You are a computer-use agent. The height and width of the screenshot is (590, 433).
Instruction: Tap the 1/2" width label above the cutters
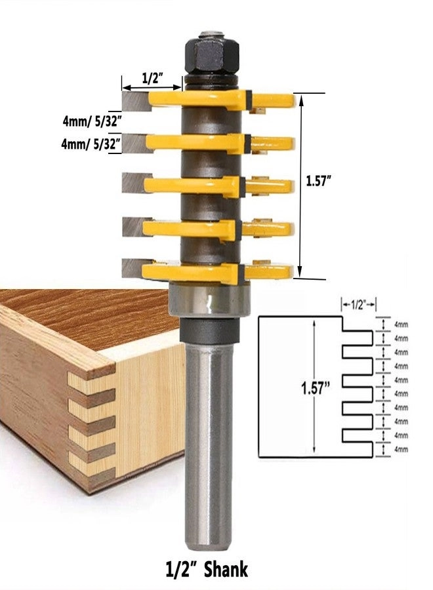pyautogui.click(x=152, y=78)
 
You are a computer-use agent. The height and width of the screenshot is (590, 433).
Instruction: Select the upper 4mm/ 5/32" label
pyautogui.click(x=92, y=121)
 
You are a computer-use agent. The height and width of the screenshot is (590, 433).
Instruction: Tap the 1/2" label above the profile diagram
pyautogui.click(x=358, y=304)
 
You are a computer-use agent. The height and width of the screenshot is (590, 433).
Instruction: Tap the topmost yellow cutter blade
pyautogui.click(x=197, y=98)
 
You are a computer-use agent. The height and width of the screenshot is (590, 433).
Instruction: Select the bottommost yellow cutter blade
pyautogui.click(x=197, y=272)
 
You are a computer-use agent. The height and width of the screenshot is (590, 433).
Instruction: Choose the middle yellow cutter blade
pyautogui.click(x=197, y=186)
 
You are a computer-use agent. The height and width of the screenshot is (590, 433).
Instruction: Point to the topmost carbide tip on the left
pyautogui.click(x=134, y=101)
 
